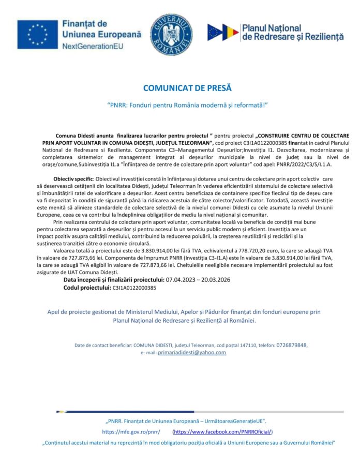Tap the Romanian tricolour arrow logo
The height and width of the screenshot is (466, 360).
tap(223, 33)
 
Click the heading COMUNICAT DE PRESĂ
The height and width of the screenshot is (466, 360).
tap(180, 88)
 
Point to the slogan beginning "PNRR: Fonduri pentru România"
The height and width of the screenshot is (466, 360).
tap(180, 105)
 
